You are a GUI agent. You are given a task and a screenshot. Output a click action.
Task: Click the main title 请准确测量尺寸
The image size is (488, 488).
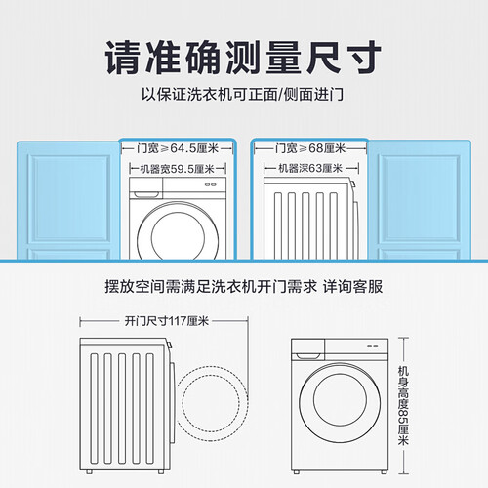(243, 58)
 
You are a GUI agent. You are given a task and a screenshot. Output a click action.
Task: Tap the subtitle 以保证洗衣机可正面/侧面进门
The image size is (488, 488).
(242, 95)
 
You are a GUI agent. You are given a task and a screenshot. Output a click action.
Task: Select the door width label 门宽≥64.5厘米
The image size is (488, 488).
(178, 148)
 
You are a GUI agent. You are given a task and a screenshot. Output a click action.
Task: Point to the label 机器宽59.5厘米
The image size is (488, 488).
(178, 169)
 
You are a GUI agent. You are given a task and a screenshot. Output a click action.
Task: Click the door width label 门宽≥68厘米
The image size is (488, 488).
(310, 148)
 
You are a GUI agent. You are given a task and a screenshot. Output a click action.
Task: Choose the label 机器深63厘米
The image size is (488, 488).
(310, 169)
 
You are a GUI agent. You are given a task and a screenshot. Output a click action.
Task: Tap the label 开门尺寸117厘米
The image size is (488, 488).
(167, 321)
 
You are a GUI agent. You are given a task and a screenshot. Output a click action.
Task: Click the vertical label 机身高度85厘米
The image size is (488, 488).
(403, 405)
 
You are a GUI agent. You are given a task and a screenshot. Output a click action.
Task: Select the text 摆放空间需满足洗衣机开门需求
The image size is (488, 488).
(211, 287)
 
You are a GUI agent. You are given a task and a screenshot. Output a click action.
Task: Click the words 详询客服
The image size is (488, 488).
(352, 287)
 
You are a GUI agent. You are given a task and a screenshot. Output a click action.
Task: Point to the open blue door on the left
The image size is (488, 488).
(68, 200)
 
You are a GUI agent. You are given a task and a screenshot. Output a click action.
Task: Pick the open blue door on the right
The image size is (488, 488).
(420, 200)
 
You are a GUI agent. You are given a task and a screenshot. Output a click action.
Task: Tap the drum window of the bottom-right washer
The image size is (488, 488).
(340, 403)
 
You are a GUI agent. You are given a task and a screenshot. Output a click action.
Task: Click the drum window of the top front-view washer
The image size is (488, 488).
(178, 233)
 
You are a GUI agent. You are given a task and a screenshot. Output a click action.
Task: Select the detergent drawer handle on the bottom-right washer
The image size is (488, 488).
(307, 356)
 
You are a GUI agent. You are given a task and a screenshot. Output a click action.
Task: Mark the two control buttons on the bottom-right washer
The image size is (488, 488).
(373, 346)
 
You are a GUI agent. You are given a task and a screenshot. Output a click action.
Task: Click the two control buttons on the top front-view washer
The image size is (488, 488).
(211, 184)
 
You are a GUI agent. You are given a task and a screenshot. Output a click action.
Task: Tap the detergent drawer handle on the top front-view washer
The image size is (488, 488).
(145, 194)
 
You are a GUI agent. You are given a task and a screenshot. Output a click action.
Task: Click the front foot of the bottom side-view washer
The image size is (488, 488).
(160, 471)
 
